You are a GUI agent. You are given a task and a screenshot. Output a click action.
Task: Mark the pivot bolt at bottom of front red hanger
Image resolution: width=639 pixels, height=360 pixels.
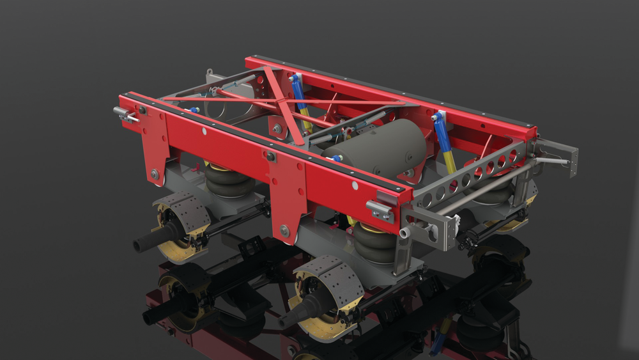155,173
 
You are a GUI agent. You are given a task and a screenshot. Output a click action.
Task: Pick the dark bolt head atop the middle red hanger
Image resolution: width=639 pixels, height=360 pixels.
271,157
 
